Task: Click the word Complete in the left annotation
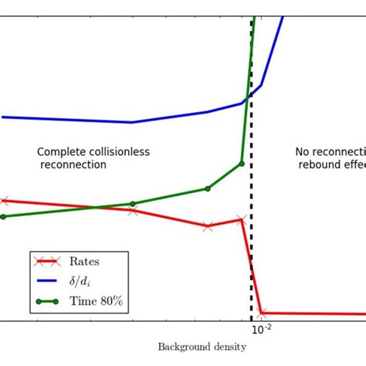[x=60, y=152]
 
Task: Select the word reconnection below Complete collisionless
[x=73, y=164]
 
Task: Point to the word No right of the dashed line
[x=303, y=152]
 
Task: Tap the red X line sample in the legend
[x=50, y=262]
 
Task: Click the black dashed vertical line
[x=252, y=193]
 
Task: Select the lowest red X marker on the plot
[x=262, y=313]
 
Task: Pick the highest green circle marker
[x=242, y=164]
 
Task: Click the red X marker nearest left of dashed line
[x=242, y=220]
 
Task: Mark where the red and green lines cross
[x=95, y=207]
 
